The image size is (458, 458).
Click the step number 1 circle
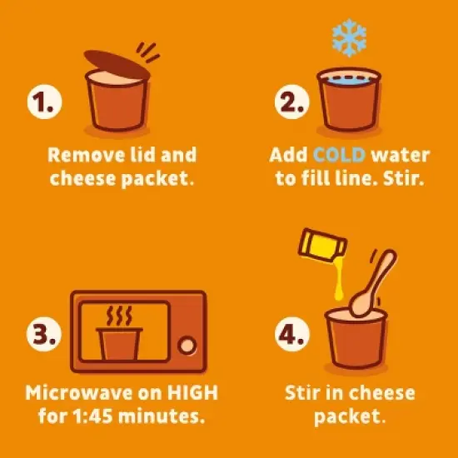point(44,102)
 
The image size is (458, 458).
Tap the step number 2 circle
point(291,102)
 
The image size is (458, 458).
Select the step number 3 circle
point(44,334)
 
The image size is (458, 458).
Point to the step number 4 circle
point(292,334)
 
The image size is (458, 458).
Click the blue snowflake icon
point(349,37)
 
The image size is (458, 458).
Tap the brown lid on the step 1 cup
point(117,65)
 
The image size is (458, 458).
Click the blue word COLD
point(339,155)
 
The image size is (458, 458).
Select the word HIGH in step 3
point(192,392)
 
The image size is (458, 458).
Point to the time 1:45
point(92,416)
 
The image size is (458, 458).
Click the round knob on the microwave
point(187,346)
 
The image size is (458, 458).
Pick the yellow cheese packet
point(322,245)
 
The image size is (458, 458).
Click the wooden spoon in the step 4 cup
point(372,283)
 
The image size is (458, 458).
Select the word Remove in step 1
point(87,155)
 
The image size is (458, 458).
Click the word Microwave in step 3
point(78,392)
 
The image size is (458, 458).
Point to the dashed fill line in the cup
point(349,77)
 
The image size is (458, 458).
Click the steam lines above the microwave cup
point(119,316)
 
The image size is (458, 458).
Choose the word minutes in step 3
point(162,416)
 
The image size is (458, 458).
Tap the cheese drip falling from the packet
point(339,281)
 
